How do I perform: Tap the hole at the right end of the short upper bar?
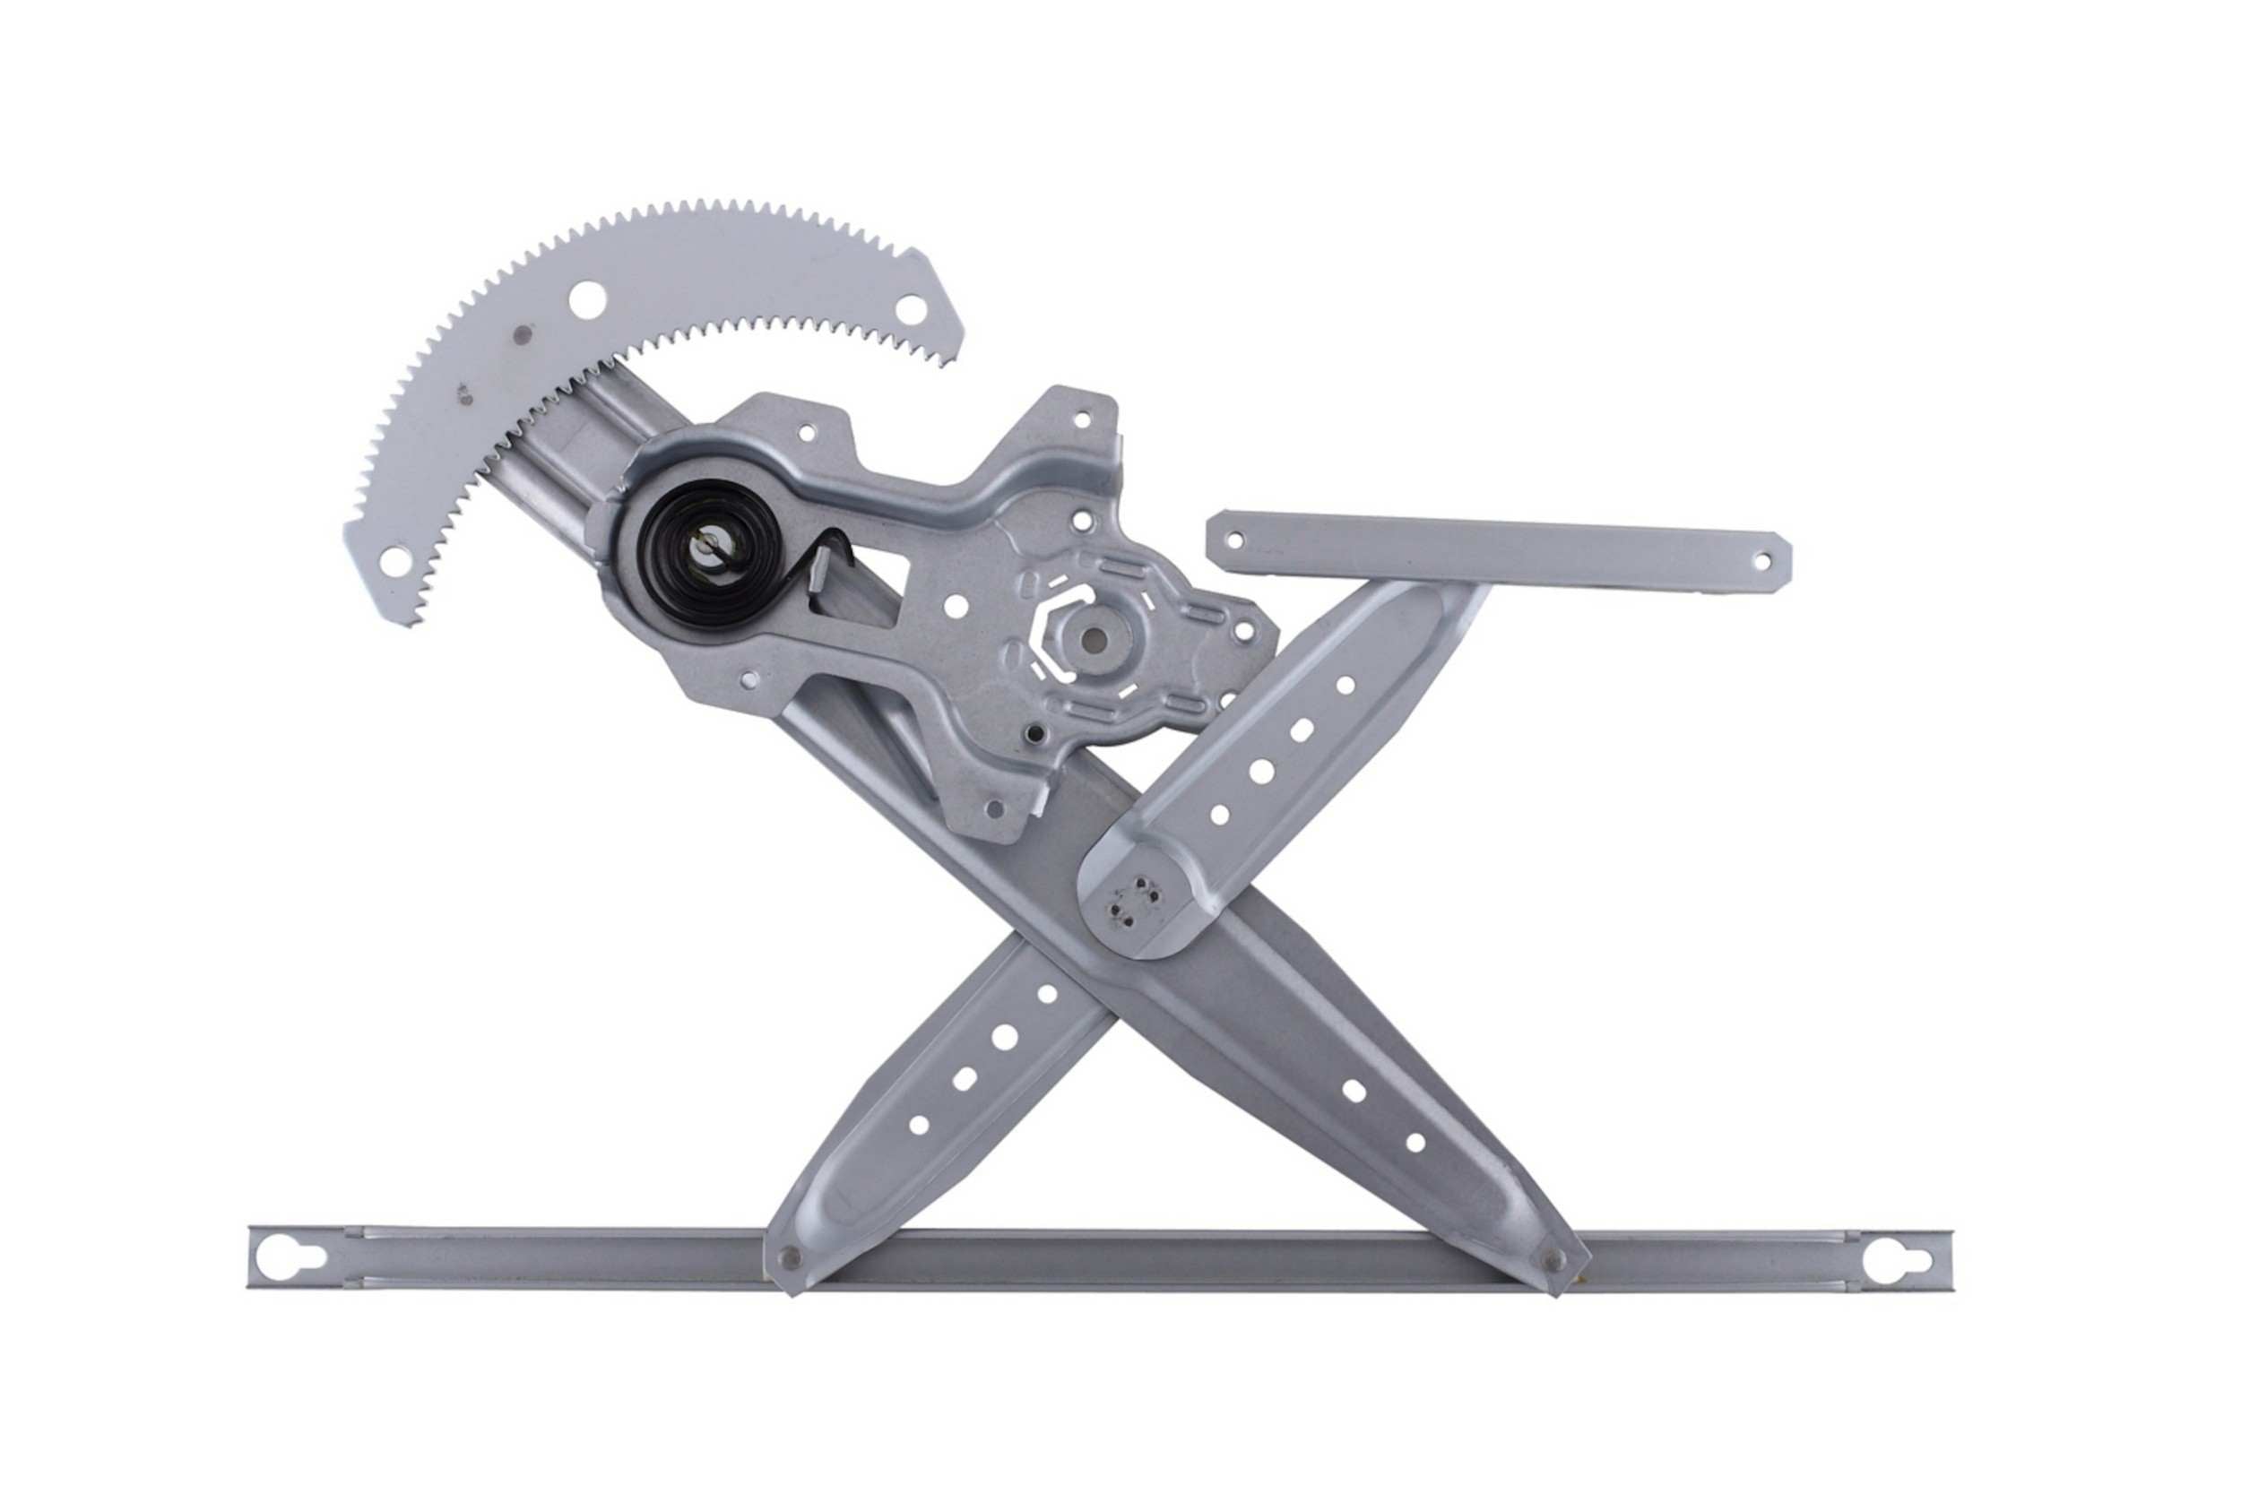[x=1760, y=562]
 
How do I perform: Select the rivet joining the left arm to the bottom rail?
[x=789, y=1257]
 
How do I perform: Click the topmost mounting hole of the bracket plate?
[x=1080, y=419]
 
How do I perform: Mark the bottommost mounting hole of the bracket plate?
[x=995, y=810]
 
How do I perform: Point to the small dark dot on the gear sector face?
[x=522, y=334]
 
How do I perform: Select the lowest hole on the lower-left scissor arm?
[x=919, y=1125]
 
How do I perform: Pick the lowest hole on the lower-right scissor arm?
[x=1415, y=1143]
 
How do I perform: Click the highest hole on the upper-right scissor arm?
[x=1345, y=684]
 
